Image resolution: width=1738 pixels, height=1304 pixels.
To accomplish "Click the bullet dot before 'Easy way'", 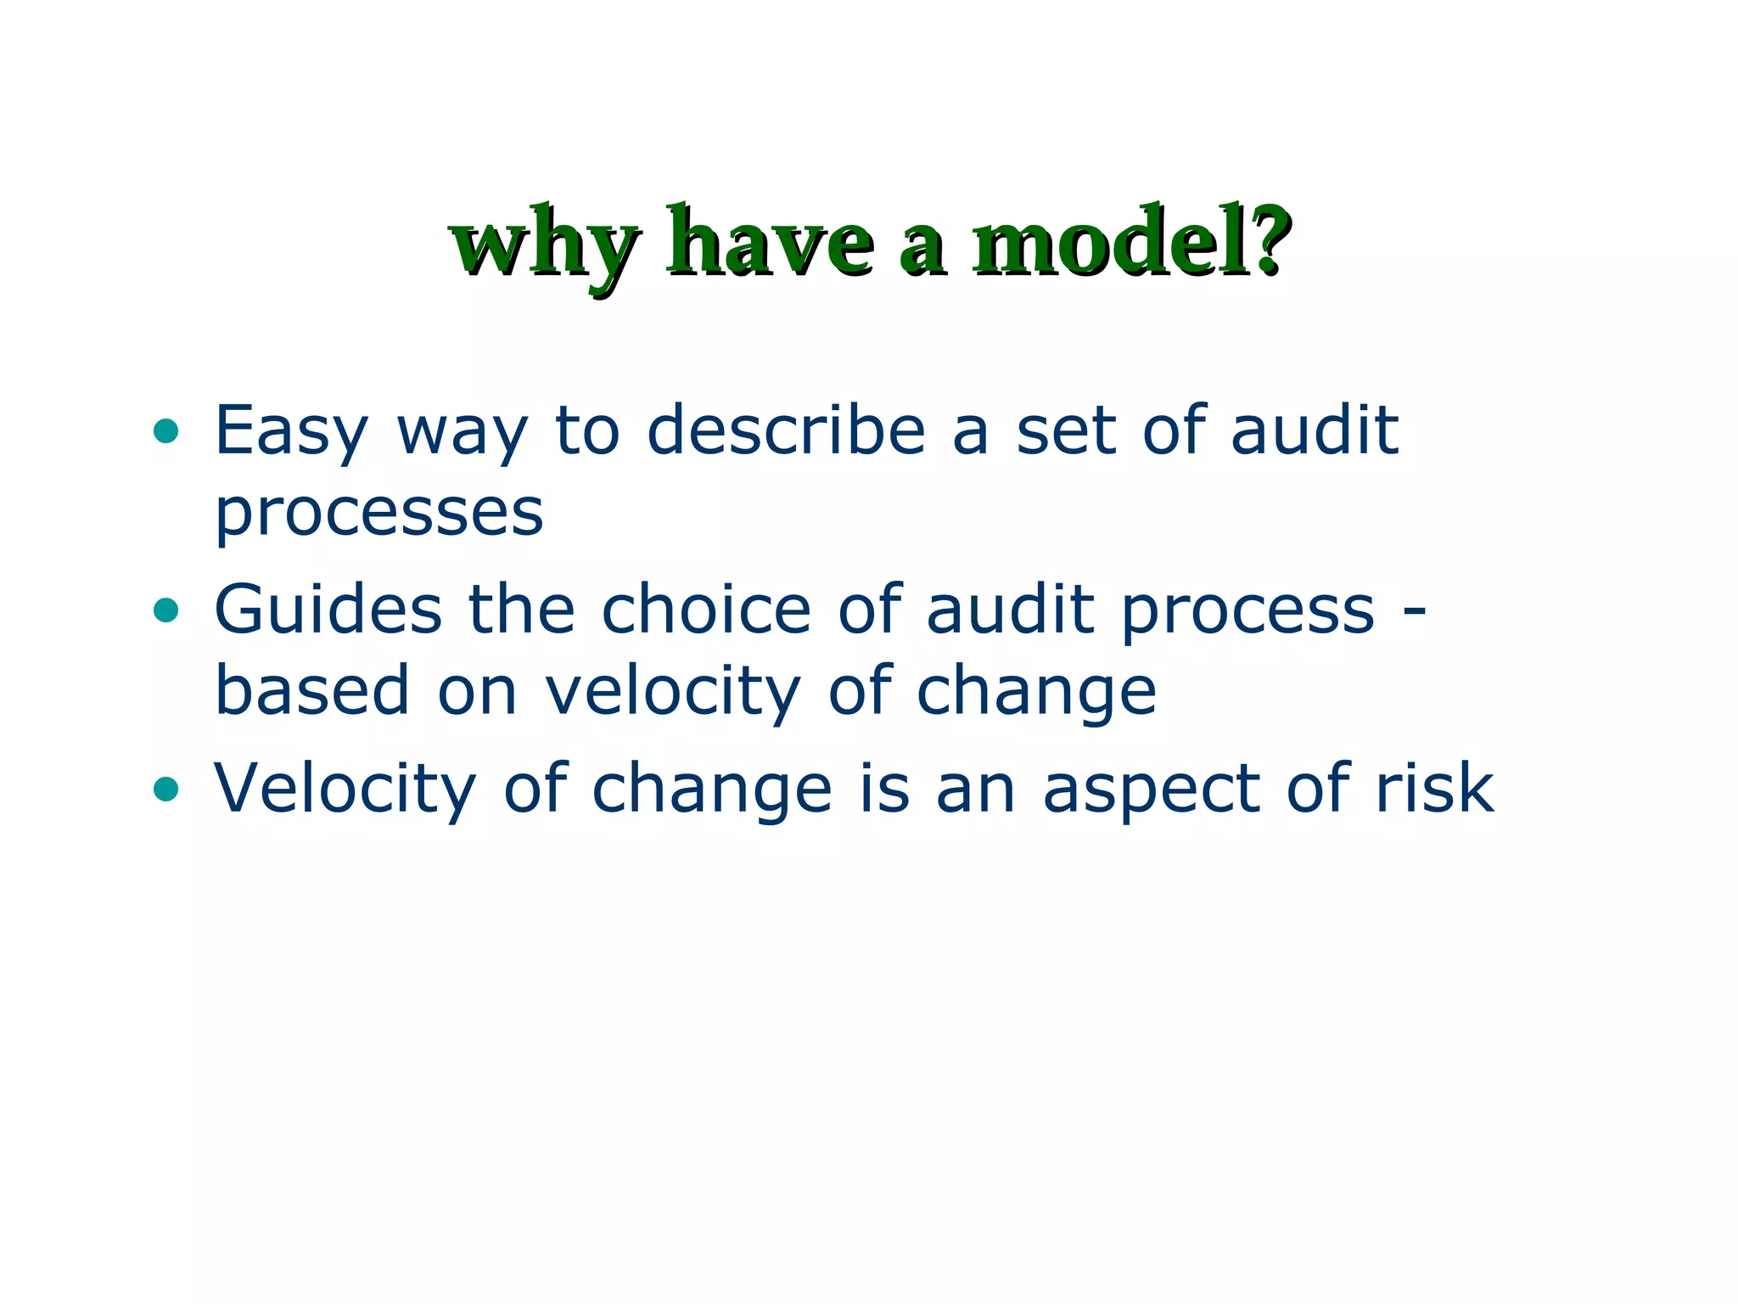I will coord(166,431).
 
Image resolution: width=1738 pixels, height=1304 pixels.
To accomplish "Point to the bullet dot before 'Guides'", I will coord(166,610).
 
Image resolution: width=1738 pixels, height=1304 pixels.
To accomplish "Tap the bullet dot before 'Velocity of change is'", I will coord(166,790).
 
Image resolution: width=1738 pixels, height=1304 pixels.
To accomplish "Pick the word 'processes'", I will coord(378,513).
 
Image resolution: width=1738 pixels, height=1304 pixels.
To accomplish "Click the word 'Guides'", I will coord(328,609).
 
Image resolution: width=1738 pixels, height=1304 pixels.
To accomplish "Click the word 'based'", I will coord(312,690).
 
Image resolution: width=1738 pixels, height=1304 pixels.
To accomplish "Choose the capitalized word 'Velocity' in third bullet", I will coord(345,788).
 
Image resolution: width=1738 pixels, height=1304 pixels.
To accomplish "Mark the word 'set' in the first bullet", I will coord(1065,431).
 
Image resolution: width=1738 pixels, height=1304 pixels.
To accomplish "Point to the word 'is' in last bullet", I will coord(884,788).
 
